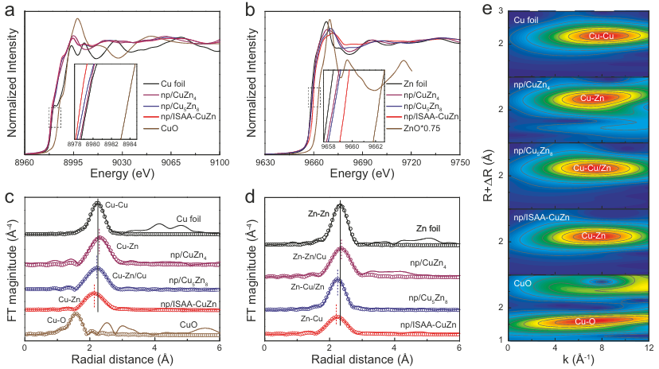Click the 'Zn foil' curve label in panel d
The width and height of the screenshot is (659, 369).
coord(431,229)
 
